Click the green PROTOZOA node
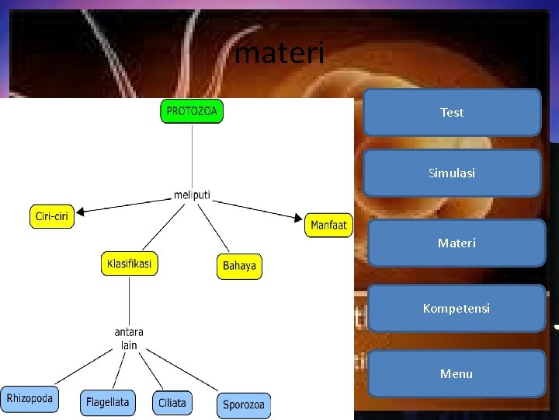click(x=192, y=111)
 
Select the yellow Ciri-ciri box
click(x=53, y=216)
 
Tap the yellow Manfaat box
click(x=328, y=226)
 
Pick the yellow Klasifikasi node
click(x=129, y=264)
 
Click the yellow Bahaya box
click(x=239, y=266)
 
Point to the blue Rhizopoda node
click(x=30, y=399)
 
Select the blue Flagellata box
click(x=107, y=403)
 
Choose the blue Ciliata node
click(x=172, y=403)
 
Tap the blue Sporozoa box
click(x=244, y=404)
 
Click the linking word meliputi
click(x=192, y=194)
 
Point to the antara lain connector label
click(x=129, y=338)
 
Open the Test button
click(x=452, y=113)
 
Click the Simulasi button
click(x=452, y=173)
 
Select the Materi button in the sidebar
click(x=457, y=243)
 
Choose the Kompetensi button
click(x=457, y=308)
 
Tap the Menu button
click(x=457, y=373)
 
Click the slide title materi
click(x=279, y=53)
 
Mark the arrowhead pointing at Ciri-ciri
click(x=80, y=210)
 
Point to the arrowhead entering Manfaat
click(x=300, y=218)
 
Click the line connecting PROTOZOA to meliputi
click(x=192, y=156)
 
